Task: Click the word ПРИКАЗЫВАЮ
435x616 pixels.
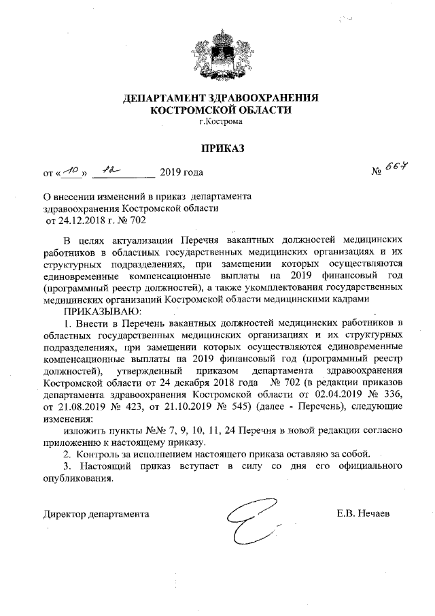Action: (102, 310)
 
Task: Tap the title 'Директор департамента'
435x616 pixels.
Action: (96, 514)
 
